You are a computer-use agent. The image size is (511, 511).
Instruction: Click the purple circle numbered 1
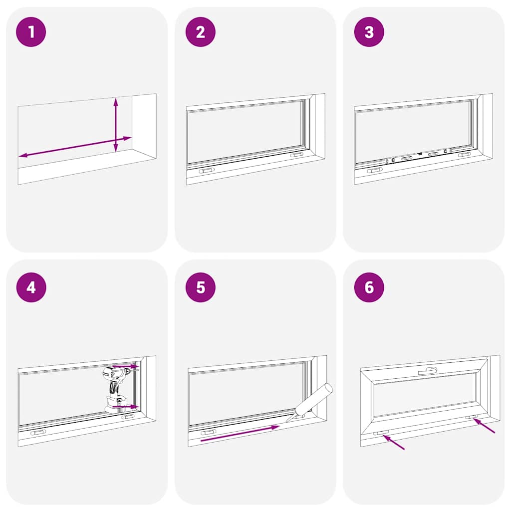31,32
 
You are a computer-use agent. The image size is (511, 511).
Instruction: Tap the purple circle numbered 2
200,32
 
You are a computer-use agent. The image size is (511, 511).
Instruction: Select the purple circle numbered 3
369,32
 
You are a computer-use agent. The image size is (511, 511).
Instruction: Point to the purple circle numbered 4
31,287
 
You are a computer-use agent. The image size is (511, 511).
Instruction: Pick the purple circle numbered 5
200,287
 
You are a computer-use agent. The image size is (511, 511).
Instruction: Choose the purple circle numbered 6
369,287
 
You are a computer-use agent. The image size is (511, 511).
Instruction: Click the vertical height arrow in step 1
116,125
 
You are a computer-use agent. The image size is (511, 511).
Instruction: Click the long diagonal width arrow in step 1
75,147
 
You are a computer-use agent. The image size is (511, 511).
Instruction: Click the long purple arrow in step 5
240,434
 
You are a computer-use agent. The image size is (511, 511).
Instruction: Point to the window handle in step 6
428,370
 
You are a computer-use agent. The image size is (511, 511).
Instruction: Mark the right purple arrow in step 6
484,426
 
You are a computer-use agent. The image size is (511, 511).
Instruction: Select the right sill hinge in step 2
296,155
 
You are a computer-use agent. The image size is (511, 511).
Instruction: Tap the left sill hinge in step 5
208,432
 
